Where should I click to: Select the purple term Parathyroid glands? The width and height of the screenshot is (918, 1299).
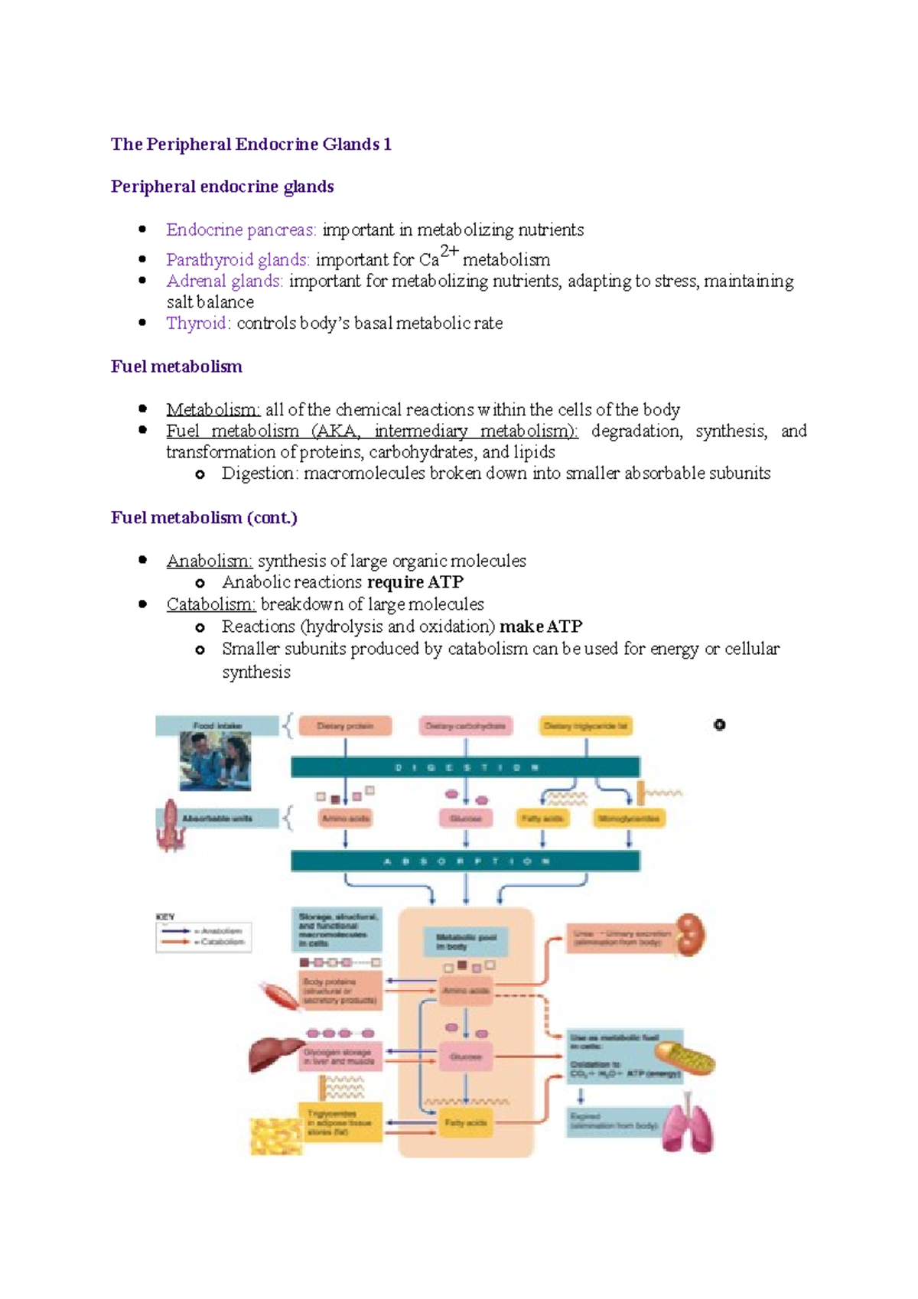pos(237,260)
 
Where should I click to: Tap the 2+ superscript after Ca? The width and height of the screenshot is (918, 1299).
pos(449,252)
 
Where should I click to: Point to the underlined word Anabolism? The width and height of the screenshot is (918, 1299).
pos(209,561)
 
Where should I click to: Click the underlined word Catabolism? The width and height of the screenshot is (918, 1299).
pos(210,604)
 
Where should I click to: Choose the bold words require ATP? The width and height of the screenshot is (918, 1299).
pos(415,582)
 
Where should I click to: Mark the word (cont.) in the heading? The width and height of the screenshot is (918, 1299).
pos(272,518)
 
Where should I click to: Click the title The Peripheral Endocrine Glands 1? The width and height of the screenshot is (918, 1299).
pos(251,145)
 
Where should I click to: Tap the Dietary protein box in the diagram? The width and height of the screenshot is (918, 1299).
pos(345,726)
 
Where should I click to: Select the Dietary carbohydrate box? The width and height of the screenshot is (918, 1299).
pos(465,726)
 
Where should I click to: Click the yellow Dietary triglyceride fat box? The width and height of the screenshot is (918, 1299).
pos(586,726)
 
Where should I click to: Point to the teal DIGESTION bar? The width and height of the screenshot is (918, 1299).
pos(465,767)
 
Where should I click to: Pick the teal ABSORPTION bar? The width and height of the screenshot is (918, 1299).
pos(465,861)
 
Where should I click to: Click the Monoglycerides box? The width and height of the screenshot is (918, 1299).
pos(629,819)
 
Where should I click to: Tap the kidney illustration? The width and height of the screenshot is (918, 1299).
pos(692,934)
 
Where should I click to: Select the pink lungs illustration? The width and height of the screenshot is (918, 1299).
pos(688,1126)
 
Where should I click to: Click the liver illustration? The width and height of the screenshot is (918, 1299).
pos(274,1054)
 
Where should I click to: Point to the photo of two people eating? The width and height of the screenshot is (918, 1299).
pos(215,761)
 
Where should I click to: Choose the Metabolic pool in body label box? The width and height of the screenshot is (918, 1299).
pos(465,942)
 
